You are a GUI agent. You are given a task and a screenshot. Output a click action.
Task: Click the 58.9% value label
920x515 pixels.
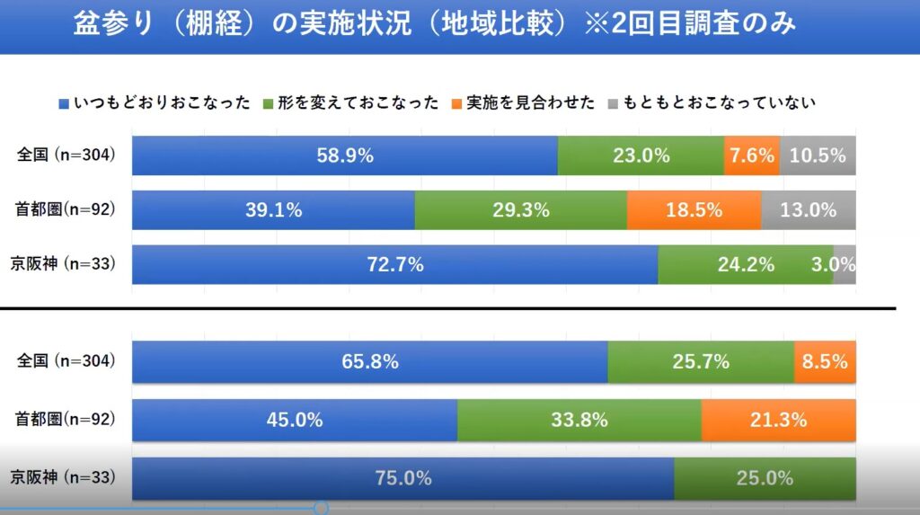(x=345, y=155)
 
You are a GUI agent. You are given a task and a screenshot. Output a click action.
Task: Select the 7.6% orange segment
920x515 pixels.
(x=752, y=155)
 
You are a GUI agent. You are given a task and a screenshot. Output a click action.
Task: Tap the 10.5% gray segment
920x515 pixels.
(x=818, y=155)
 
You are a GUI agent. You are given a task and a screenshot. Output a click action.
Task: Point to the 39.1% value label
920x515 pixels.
(x=273, y=210)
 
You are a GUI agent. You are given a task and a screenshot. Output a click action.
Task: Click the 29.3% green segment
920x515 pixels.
(x=521, y=210)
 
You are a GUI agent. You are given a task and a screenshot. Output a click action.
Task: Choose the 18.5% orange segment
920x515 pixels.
(x=694, y=210)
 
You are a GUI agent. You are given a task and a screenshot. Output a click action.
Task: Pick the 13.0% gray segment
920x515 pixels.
(x=809, y=210)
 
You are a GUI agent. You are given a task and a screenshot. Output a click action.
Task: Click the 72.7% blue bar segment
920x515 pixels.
(x=395, y=265)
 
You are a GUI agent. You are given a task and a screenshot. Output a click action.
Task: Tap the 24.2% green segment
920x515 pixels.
(x=746, y=265)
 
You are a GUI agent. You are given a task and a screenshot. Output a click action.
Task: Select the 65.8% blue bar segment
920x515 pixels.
(x=370, y=361)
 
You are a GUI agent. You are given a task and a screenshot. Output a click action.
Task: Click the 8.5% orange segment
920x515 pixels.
(x=825, y=361)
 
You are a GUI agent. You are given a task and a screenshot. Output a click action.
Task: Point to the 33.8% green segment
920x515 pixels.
(x=579, y=419)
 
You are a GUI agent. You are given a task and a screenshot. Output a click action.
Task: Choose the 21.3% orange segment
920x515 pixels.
(x=778, y=419)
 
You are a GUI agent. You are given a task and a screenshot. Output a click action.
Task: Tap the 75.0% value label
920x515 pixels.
(x=403, y=478)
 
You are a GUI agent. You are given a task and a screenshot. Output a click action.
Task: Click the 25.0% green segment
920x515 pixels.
(x=765, y=478)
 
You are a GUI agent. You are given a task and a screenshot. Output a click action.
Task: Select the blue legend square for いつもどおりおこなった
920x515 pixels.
(x=63, y=102)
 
